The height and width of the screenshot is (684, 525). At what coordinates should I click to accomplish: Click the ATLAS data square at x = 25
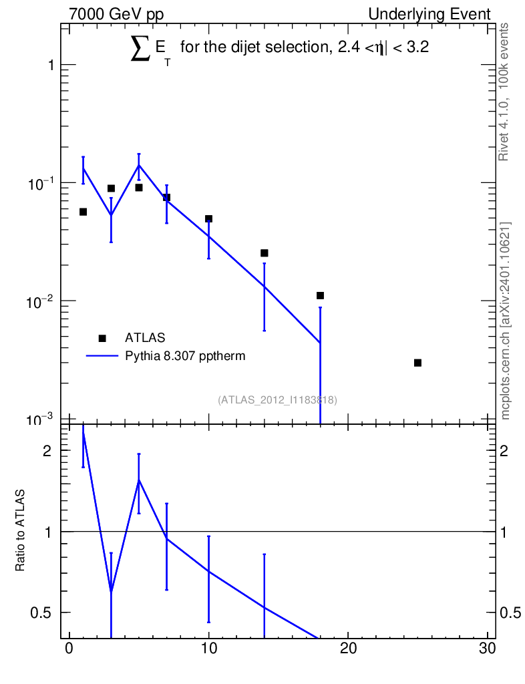coord(417,363)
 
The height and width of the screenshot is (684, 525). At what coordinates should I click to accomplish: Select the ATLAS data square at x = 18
coord(320,295)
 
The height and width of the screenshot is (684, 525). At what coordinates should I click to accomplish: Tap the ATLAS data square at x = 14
coord(265,253)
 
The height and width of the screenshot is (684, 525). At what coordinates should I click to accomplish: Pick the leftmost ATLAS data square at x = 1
coord(83,212)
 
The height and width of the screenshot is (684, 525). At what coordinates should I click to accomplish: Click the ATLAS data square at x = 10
coord(208,218)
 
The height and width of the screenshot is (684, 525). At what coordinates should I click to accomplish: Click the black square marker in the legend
coord(102,338)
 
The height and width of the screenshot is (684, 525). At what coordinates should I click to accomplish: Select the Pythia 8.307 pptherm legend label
coord(185,356)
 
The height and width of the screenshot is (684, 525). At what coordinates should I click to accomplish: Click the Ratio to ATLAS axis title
coord(21,530)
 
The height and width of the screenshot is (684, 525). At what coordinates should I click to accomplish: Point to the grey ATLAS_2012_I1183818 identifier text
coord(277,400)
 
